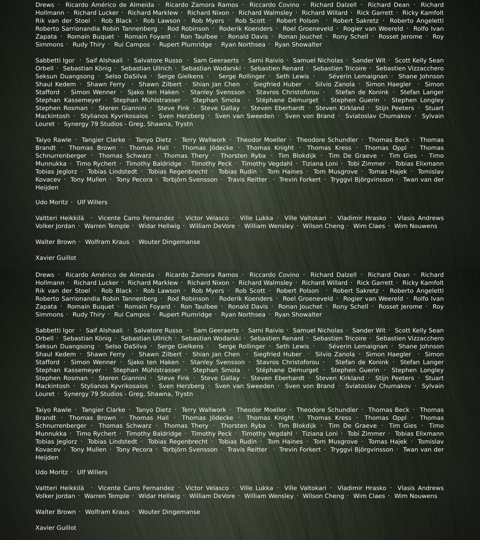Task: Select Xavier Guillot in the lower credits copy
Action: [x=56, y=528]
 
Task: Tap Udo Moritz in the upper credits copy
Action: [x=51, y=202]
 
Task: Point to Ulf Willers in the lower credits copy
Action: [x=92, y=472]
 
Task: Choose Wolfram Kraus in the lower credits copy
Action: [x=107, y=512]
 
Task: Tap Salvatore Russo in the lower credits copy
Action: [x=158, y=330]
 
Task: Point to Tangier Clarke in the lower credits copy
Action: [x=103, y=410]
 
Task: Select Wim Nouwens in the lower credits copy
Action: [x=416, y=496]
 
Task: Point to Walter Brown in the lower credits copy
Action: [x=55, y=512]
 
